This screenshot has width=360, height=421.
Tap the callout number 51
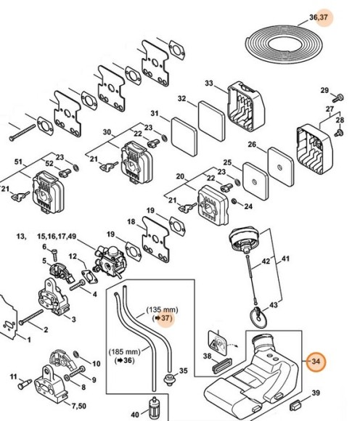(x=20, y=162)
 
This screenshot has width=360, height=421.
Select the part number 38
(x=206, y=356)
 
